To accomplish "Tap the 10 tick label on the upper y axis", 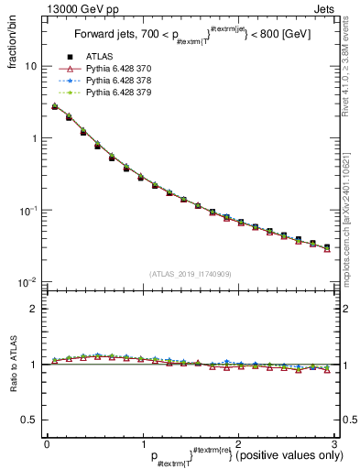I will pyautogui.click(x=31, y=67).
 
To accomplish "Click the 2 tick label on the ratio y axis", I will pyautogui.click(x=35, y=309).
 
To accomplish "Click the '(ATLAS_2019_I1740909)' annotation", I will pyautogui.click(x=190, y=274).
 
